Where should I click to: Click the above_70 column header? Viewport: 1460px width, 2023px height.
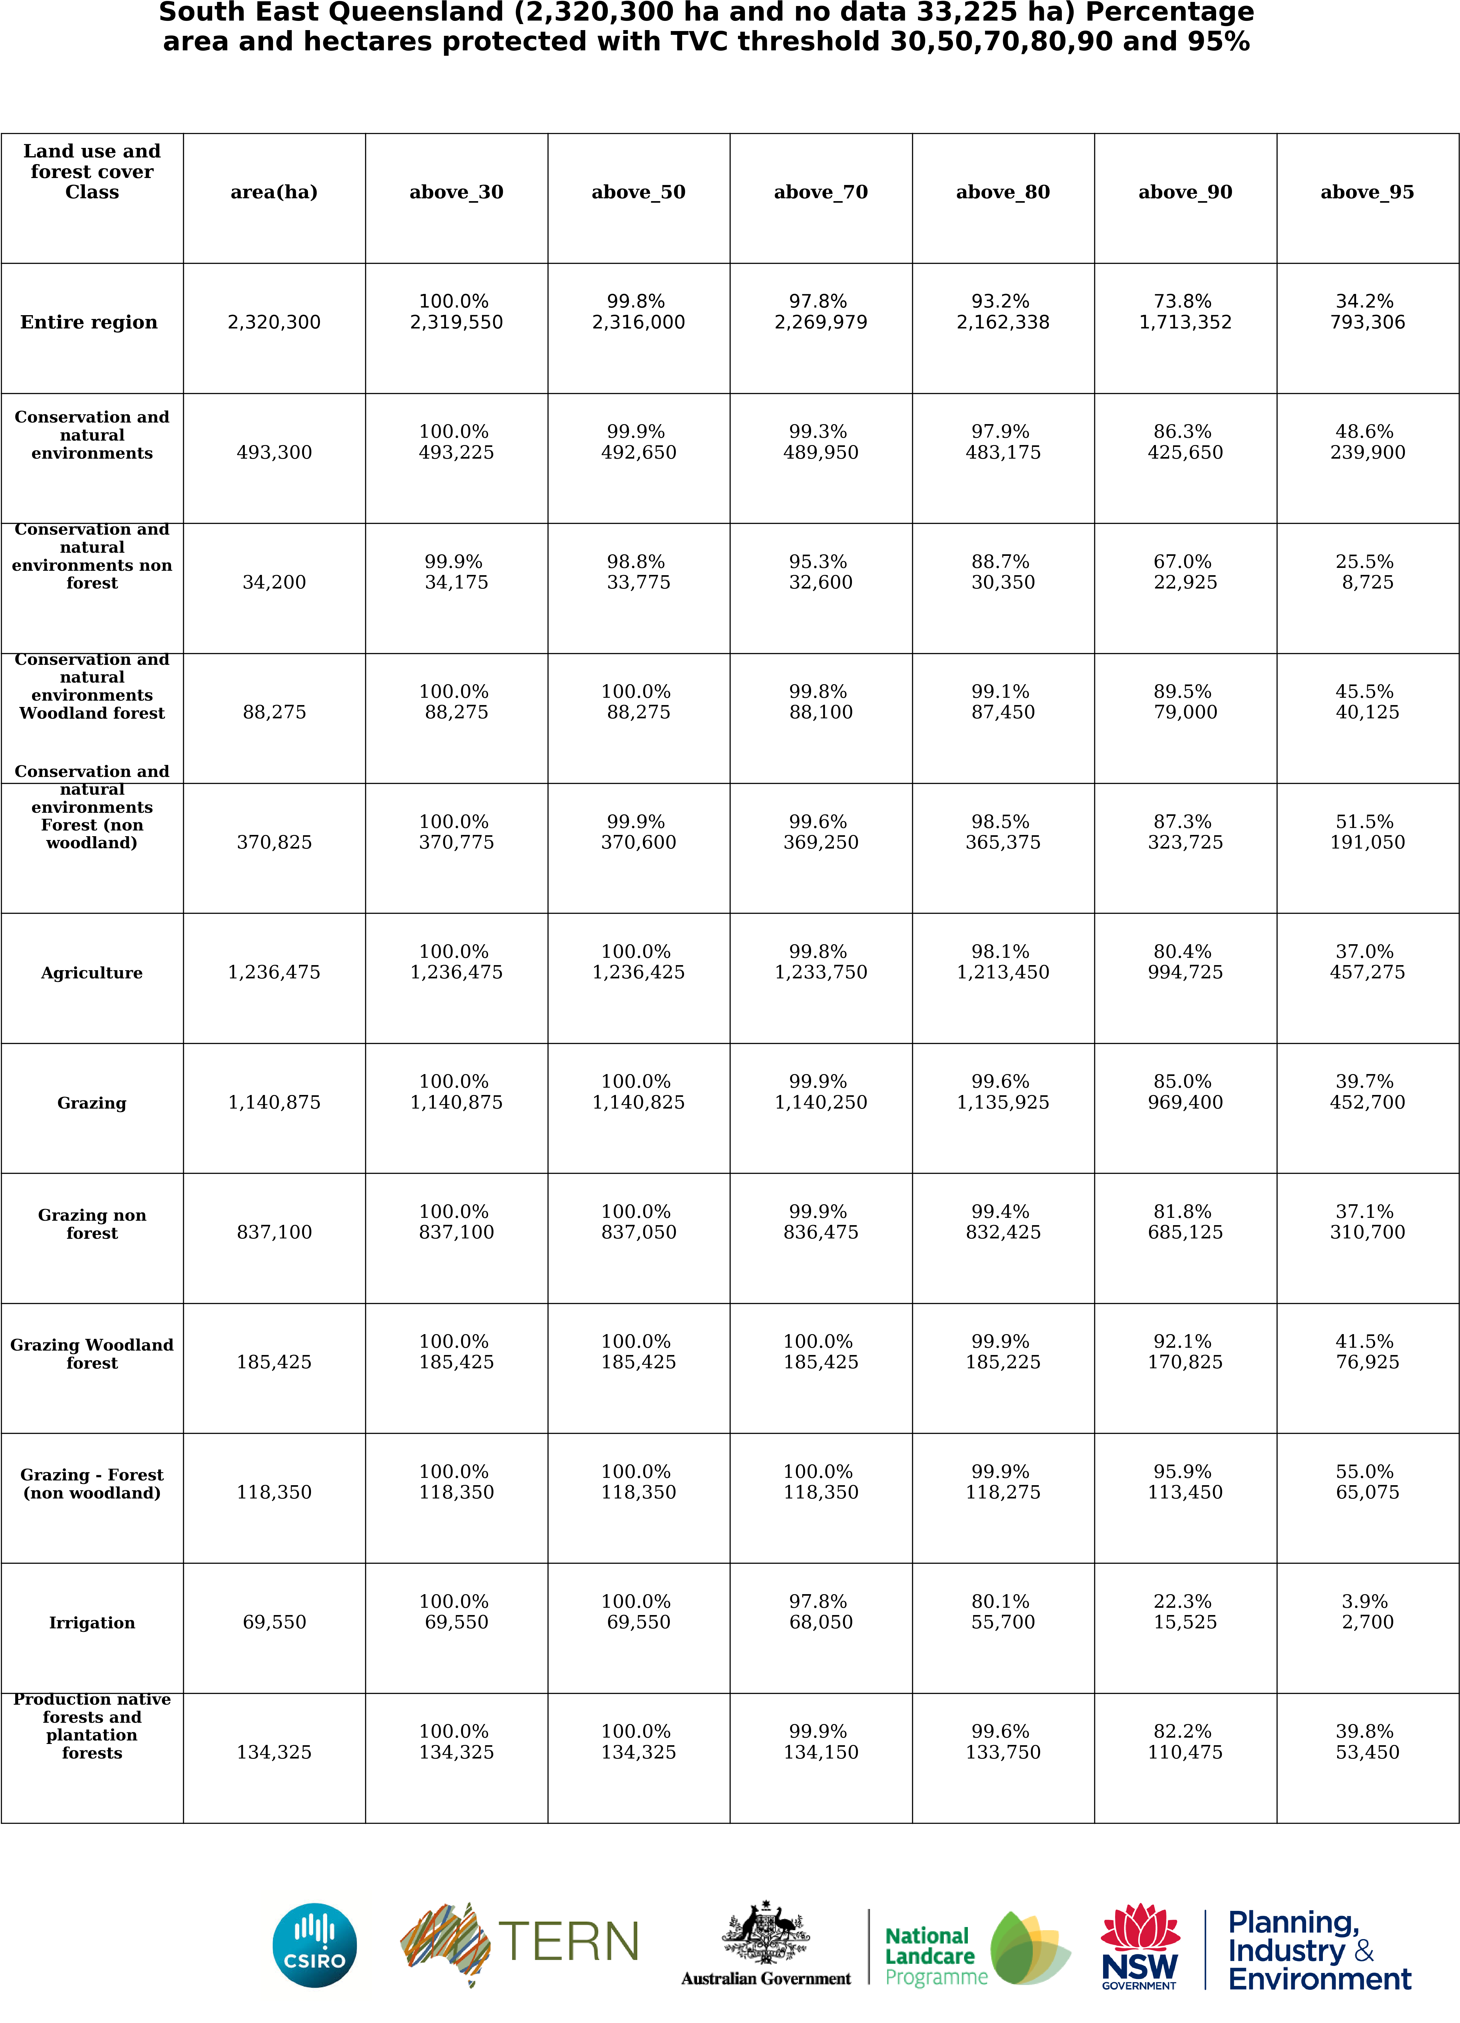[821, 192]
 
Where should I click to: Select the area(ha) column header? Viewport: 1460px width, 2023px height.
[274, 192]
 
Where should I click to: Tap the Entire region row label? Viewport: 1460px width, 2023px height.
[89, 322]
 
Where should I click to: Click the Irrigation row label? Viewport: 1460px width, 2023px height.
[92, 1623]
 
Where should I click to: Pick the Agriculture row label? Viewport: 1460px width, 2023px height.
[92, 972]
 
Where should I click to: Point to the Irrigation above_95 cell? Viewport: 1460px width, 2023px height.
[1367, 1612]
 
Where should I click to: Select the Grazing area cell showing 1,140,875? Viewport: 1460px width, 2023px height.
[274, 1103]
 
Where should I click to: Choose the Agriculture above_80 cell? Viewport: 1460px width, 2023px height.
[1002, 963]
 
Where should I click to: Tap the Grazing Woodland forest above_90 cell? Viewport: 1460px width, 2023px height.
[1185, 1352]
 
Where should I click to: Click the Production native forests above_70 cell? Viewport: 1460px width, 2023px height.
[821, 1742]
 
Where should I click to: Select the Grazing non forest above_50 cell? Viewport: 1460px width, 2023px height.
[638, 1222]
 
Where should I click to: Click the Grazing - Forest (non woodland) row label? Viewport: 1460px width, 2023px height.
[92, 1483]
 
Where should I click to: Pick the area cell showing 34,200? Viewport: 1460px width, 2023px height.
[274, 582]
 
